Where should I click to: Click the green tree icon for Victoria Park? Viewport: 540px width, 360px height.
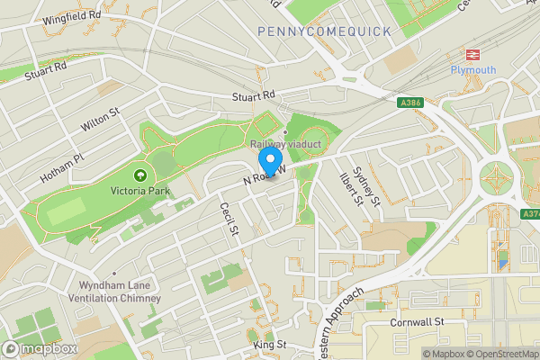pos(139,175)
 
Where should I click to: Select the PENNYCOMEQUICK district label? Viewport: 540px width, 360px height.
pos(324,31)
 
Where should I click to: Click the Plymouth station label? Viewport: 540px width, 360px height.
pos(473,69)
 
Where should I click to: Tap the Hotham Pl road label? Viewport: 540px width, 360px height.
pos(62,166)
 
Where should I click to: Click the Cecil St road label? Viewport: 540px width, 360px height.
pos(229,220)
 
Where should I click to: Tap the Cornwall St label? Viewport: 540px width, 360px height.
pos(418,321)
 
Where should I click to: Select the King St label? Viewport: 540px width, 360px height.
pos(269,345)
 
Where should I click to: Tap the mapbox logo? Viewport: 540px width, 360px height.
pos(39,348)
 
